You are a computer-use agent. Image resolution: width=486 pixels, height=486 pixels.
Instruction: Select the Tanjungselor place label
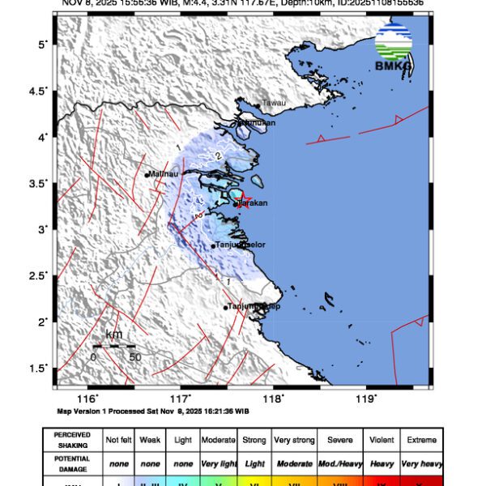click(241, 245)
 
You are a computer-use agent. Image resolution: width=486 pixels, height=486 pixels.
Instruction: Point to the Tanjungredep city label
click(253, 306)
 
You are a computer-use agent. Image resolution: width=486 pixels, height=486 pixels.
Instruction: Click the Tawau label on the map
click(273, 104)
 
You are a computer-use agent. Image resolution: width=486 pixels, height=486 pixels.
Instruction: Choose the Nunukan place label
click(257, 123)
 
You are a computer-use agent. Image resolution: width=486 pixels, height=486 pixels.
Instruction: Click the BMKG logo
click(393, 48)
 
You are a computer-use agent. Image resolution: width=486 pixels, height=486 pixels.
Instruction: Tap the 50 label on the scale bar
click(135, 356)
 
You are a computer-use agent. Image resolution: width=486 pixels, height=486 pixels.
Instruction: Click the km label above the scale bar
click(114, 335)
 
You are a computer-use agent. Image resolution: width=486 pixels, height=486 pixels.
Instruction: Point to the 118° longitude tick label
click(274, 399)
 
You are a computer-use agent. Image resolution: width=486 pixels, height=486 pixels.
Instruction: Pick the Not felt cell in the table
click(118, 440)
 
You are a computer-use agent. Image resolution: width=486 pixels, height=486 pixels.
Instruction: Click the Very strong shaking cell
click(294, 440)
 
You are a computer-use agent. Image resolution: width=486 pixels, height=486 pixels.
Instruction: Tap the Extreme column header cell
click(420, 440)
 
